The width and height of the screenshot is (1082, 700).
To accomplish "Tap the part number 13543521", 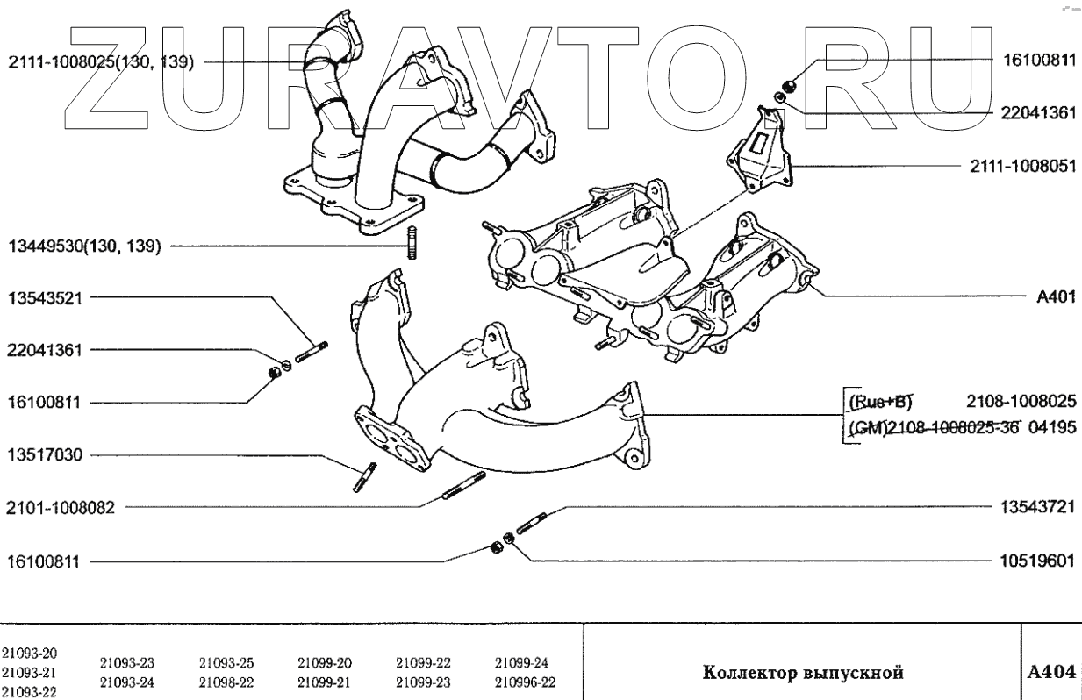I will click(45, 296).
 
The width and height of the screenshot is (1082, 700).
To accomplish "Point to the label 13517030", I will click(45, 455).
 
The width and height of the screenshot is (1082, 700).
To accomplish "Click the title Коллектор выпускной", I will click(803, 674).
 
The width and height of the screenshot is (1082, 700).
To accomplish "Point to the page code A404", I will click(1051, 673).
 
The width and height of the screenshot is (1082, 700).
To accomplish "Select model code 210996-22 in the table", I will click(524, 682).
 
